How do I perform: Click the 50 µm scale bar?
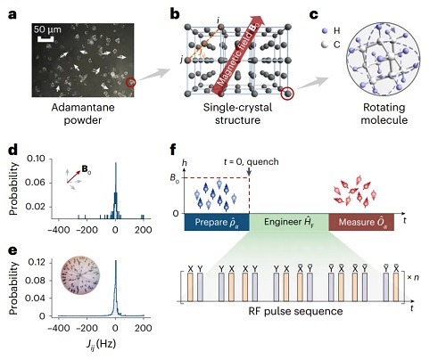click(x=45, y=39)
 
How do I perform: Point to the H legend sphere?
click(x=325, y=30)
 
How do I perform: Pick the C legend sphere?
click(x=325, y=45)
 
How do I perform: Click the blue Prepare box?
click(x=217, y=222)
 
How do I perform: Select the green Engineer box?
click(x=289, y=222)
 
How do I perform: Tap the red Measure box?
click(x=361, y=222)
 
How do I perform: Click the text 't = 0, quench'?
click(x=252, y=161)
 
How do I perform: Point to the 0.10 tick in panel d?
click(x=36, y=159)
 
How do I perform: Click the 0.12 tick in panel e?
click(x=37, y=262)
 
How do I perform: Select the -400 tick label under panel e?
click(x=59, y=328)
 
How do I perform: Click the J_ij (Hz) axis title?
click(x=101, y=345)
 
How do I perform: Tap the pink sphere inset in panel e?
click(x=80, y=275)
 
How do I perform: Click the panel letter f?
click(x=175, y=150)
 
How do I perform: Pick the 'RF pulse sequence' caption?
click(x=295, y=311)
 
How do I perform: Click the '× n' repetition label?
click(x=413, y=277)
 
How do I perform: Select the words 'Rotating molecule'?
click(x=384, y=113)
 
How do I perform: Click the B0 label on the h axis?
click(x=175, y=178)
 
